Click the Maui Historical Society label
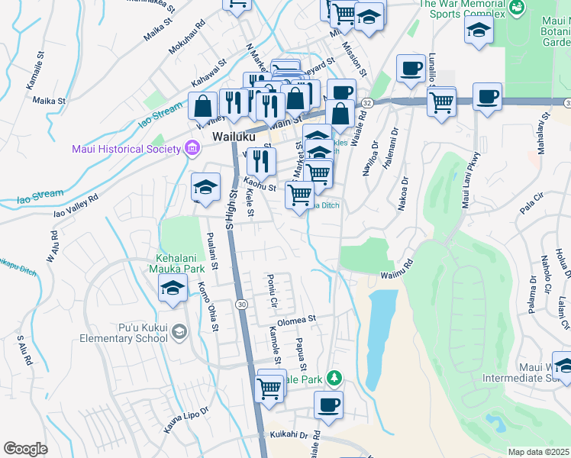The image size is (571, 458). point(126,148)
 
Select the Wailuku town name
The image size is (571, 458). point(232,137)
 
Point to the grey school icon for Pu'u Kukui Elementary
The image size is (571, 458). point(179,331)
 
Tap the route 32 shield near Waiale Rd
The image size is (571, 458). point(367,102)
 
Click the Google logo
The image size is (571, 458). point(25,449)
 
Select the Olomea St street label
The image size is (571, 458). point(296,319)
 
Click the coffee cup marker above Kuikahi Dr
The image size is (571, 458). point(328,405)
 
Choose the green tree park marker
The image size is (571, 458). point(333,377)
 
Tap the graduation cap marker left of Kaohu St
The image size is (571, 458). point(205,186)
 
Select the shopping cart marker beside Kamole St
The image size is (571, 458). point(270,387)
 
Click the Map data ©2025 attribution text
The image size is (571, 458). point(538,452)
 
